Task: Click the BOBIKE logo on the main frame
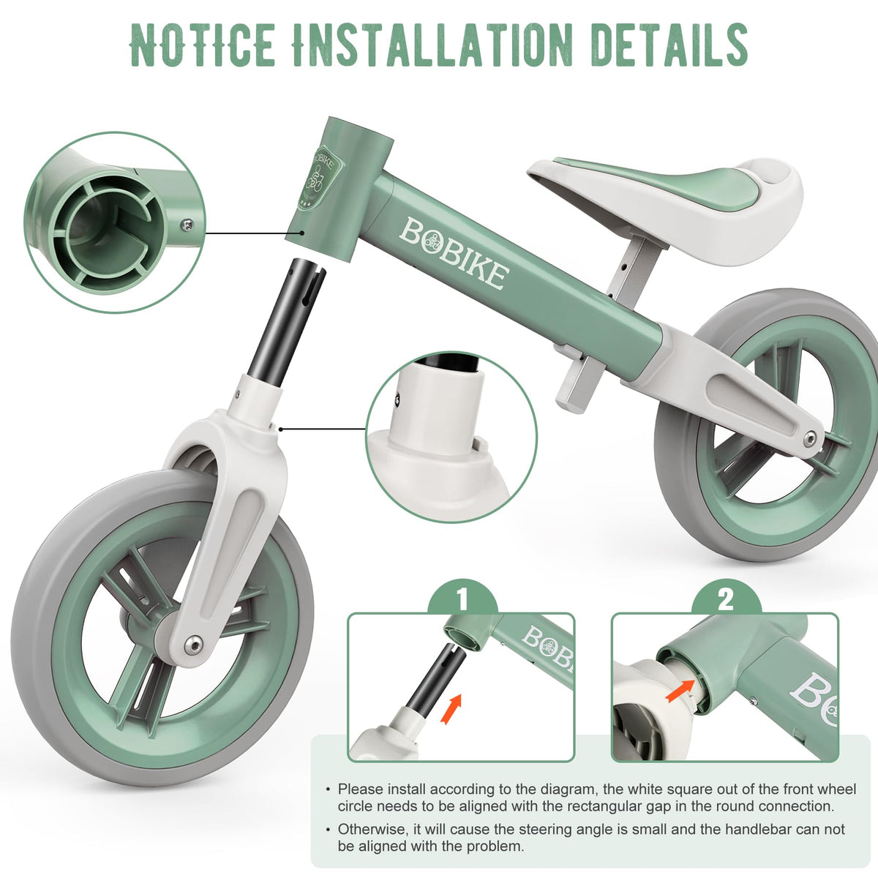pyautogui.click(x=454, y=253)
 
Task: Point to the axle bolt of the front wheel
pyautogui.click(x=193, y=645)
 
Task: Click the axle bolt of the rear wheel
pyautogui.click(x=810, y=439)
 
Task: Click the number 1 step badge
pyautogui.click(x=462, y=599)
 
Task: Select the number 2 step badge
pyautogui.click(x=726, y=599)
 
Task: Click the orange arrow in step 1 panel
pyautogui.click(x=451, y=708)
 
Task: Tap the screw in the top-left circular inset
pyautogui.click(x=187, y=224)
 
